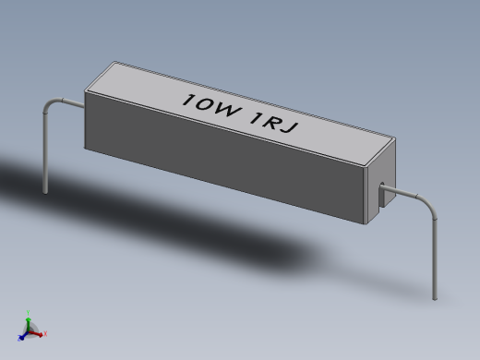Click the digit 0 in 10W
(x=206, y=104)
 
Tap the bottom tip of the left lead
(x=43, y=192)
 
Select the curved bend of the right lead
(x=426, y=205)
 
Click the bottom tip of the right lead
(x=434, y=298)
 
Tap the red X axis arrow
(x=40, y=332)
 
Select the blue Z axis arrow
(x=23, y=335)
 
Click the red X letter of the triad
(x=45, y=334)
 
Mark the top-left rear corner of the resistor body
(x=114, y=62)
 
